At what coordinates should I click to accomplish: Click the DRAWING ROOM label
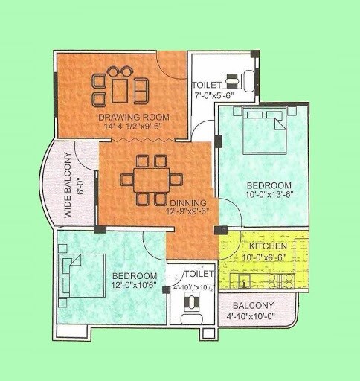point(134,118)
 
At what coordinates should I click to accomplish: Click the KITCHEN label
point(269,246)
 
